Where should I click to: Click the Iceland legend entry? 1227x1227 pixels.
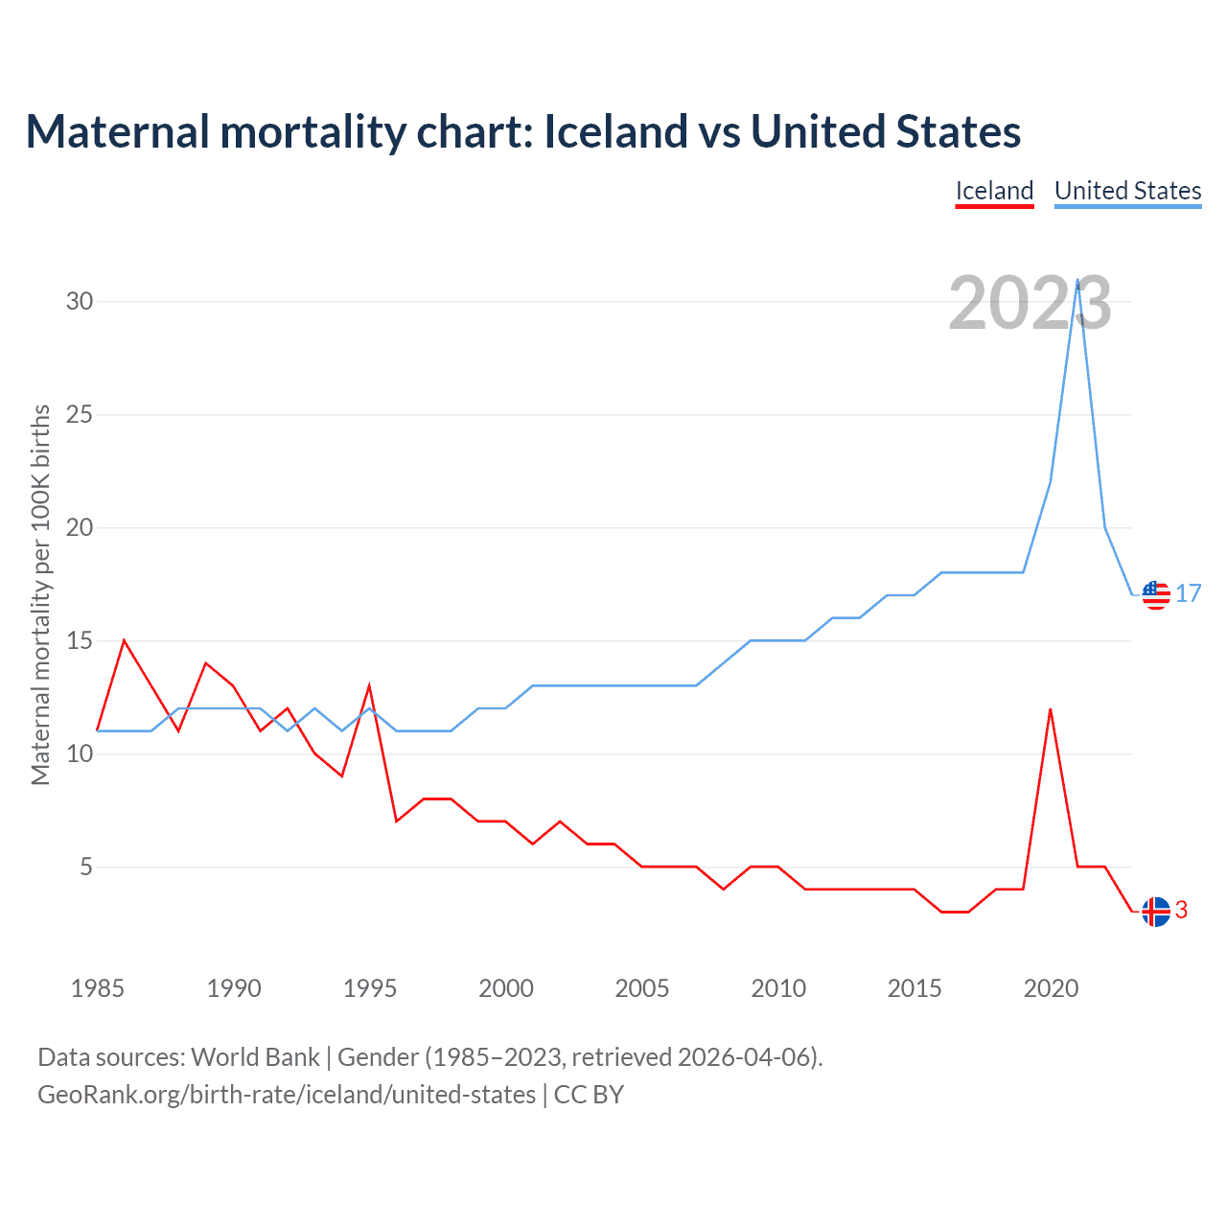tap(994, 191)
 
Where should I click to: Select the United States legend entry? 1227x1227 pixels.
tap(1127, 191)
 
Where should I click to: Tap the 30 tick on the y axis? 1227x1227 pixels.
tap(80, 301)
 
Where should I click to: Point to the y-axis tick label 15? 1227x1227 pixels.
tap(80, 640)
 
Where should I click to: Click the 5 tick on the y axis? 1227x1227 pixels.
tap(86, 867)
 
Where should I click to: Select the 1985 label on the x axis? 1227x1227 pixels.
tap(98, 988)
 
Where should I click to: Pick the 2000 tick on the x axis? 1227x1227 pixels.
tap(506, 988)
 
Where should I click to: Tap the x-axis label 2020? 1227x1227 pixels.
tap(1051, 988)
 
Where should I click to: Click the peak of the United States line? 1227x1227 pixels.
tap(1078, 280)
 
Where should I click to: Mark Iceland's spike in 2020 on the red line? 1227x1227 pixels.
tap(1051, 709)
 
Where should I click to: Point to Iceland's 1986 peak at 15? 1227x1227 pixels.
tap(125, 640)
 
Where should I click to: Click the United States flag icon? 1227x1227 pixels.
tap(1156, 595)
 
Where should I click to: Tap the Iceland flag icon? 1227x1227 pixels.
tap(1156, 912)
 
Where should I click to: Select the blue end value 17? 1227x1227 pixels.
tap(1189, 594)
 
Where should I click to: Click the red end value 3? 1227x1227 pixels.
tap(1182, 911)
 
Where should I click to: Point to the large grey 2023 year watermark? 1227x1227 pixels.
tap(1030, 303)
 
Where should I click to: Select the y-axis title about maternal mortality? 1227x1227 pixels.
tap(40, 594)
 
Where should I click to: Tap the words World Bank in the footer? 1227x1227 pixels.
tap(255, 1057)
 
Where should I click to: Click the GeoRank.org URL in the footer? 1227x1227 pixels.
tap(286, 1095)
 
